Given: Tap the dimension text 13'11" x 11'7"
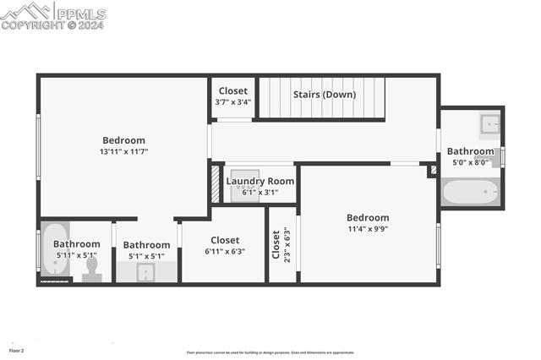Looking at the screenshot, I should (x=123, y=152).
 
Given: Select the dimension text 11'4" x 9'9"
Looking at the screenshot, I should (x=368, y=229).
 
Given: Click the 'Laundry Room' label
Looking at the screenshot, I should (x=260, y=181).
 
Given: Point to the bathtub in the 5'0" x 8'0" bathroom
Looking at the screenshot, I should (x=471, y=192).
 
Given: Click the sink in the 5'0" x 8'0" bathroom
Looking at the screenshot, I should (x=490, y=126).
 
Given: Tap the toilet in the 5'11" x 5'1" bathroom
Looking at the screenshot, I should (x=92, y=269).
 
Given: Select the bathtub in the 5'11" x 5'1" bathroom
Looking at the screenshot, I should (x=55, y=249).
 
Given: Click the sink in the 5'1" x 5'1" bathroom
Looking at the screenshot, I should (x=145, y=272).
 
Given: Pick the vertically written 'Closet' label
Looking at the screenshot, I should (x=276, y=244).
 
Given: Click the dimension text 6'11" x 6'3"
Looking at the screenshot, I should (x=225, y=252).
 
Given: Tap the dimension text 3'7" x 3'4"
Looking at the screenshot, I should (x=233, y=102).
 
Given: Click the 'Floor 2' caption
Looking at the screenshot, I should (x=17, y=350).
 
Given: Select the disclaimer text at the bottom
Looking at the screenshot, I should (x=270, y=352).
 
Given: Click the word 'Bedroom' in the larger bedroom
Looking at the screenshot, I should (x=123, y=140).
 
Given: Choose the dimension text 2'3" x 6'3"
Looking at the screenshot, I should (x=288, y=244).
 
